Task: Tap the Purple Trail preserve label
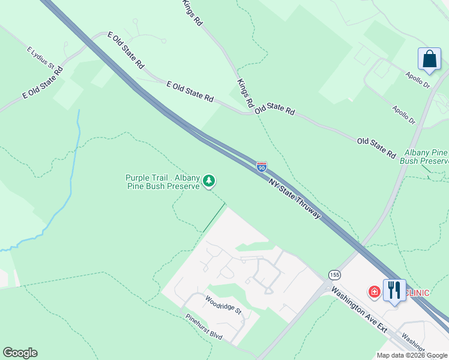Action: [x=162, y=182]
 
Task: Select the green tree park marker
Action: [x=209, y=181]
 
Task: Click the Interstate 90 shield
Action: [x=262, y=166]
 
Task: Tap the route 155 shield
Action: [x=335, y=274]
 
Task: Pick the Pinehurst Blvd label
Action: [x=203, y=328]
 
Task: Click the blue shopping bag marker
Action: [x=429, y=59]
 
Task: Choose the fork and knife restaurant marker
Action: [x=394, y=290]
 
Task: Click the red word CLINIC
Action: [x=418, y=292]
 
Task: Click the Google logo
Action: [x=20, y=353]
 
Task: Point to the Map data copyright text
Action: [x=412, y=355]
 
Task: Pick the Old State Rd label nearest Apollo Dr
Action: [x=376, y=148]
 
